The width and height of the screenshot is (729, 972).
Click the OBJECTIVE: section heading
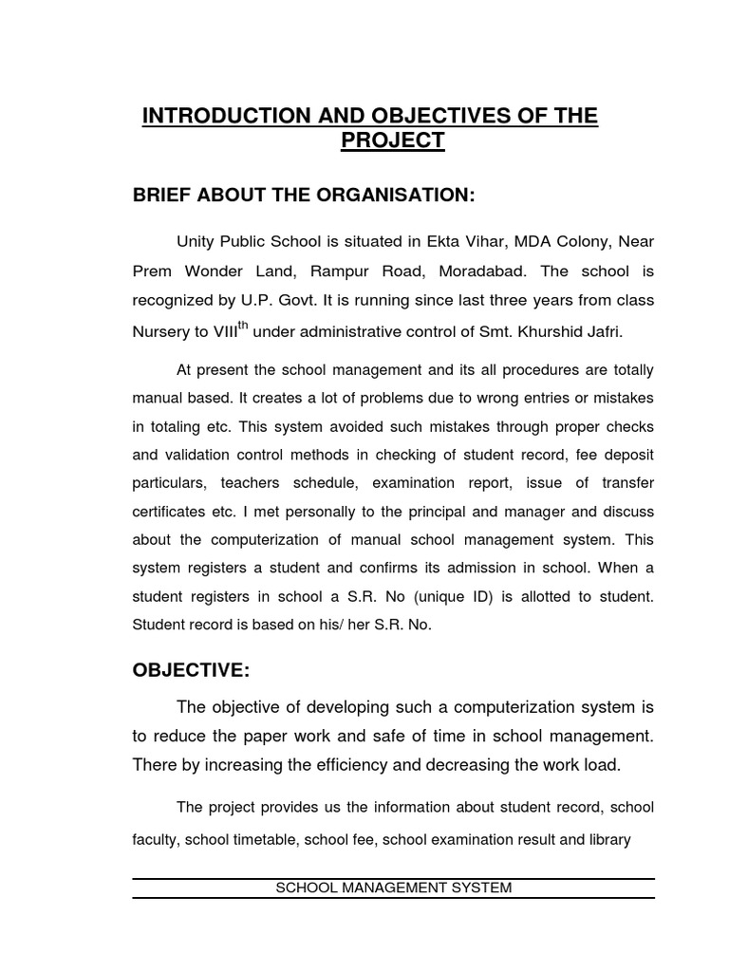pyautogui.click(x=191, y=671)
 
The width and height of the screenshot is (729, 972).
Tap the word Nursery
pyautogui.click(x=160, y=331)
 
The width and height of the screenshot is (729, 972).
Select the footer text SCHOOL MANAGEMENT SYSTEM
pyautogui.click(x=393, y=888)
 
